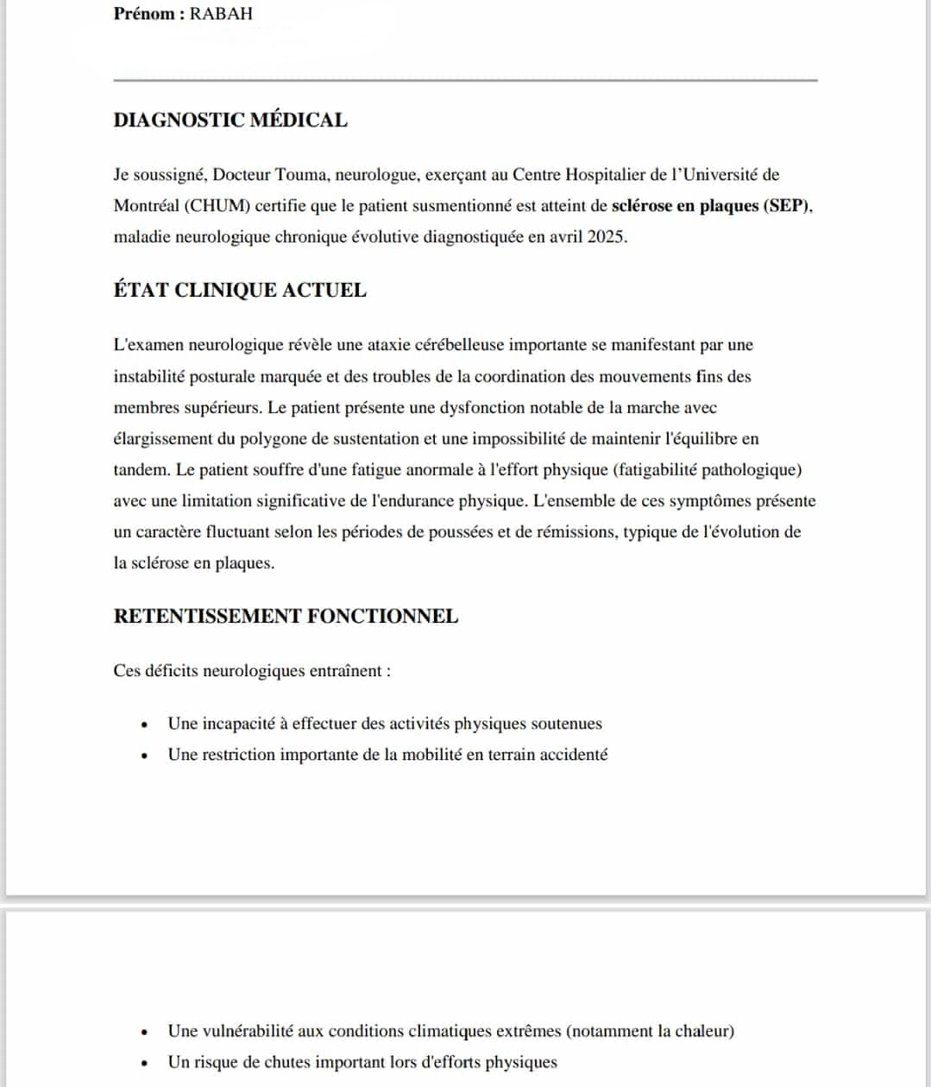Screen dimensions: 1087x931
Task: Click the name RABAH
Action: coord(221,14)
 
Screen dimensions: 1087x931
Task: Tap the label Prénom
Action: coord(145,14)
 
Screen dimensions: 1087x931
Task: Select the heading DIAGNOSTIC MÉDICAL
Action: coord(230,120)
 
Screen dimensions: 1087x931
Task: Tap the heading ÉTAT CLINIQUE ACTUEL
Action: coord(240,290)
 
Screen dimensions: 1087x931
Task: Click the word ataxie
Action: coord(391,345)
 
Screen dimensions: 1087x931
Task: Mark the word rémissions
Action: coord(576,531)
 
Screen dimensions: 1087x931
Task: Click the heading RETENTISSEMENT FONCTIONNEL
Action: coord(286,616)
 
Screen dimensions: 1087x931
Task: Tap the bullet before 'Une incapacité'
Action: coord(146,725)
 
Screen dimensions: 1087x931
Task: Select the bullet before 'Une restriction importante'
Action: coord(146,756)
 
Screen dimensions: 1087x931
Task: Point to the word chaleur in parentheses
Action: coord(701,1030)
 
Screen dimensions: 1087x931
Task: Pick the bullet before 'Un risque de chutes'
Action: coord(146,1063)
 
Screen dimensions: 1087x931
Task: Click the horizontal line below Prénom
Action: coord(465,80)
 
